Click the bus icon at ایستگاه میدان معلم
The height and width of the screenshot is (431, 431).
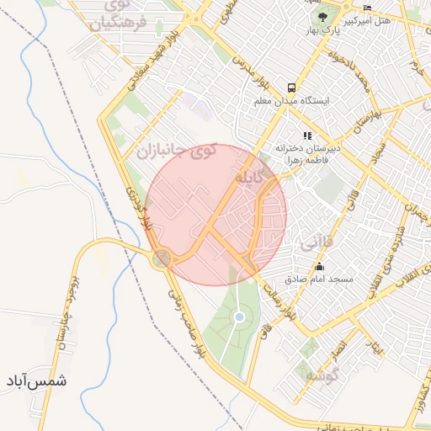(291, 87)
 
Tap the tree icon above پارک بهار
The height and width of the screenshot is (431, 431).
(322, 18)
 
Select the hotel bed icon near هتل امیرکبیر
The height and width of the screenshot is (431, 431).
(367, 8)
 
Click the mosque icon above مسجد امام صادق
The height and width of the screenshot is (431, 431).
(319, 266)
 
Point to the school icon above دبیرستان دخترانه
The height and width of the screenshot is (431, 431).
(308, 135)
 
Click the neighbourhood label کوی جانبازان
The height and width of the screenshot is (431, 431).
(176, 152)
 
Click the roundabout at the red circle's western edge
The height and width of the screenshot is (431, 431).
(162, 258)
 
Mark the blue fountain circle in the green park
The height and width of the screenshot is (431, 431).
(240, 317)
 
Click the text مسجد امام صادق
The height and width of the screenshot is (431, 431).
(319, 279)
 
